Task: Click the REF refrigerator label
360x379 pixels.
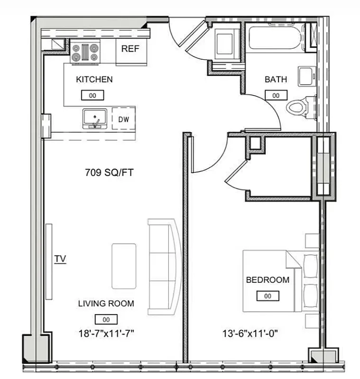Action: coord(130,49)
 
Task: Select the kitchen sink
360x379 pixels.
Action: coord(95,118)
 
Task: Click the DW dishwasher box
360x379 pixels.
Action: coord(123,120)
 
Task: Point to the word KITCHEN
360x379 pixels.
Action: coord(94,80)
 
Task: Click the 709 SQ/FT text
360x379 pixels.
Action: coord(109,173)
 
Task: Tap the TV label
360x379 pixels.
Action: coord(60,259)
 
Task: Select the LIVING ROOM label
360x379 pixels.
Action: coord(106,304)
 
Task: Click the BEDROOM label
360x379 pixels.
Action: coord(268,280)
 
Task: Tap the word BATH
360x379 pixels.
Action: coord(276,80)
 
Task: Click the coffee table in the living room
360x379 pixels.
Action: coord(125,266)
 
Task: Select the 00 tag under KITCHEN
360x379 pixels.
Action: coord(93,95)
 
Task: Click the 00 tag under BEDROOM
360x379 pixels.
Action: coord(268,296)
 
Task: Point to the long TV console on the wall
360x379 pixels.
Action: coord(48,261)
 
